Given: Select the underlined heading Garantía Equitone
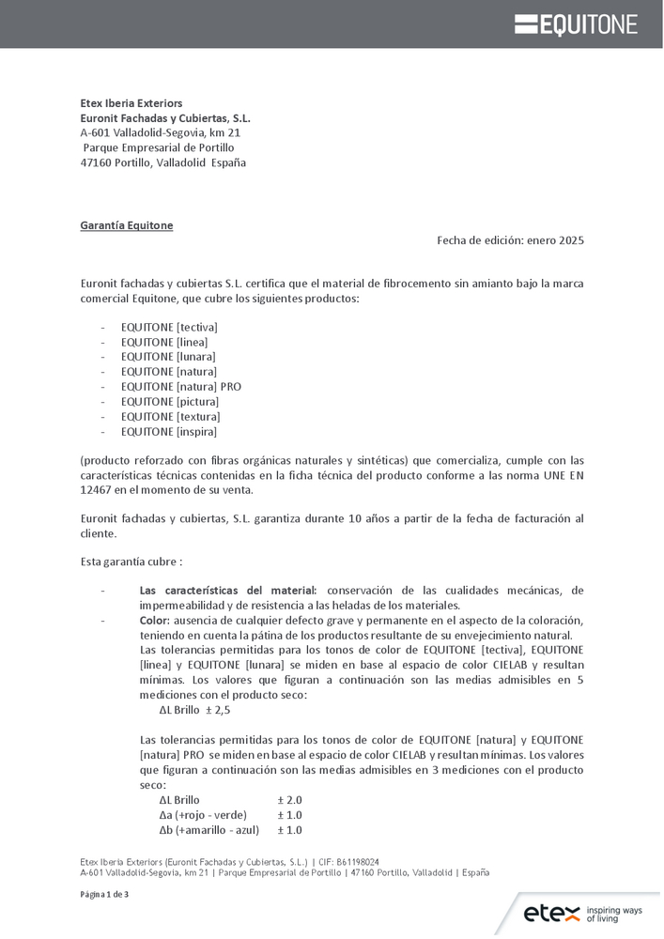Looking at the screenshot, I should tap(127, 225).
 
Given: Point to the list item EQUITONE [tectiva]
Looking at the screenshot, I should tap(169, 327).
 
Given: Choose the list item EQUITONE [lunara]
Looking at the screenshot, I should tap(168, 357).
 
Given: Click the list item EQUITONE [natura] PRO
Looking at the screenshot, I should tap(181, 387).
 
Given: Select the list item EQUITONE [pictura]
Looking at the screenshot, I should tap(169, 402).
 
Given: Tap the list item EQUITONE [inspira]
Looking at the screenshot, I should tap(169, 432).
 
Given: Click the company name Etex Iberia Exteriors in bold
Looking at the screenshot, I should tap(131, 102).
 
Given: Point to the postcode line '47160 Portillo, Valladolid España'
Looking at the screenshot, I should tap(163, 162).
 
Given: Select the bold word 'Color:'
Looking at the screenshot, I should tap(155, 622).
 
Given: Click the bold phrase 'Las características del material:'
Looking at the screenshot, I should tap(228, 591).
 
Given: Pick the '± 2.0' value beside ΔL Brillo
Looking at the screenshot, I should tap(289, 800).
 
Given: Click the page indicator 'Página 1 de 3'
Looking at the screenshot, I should tap(104, 894).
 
